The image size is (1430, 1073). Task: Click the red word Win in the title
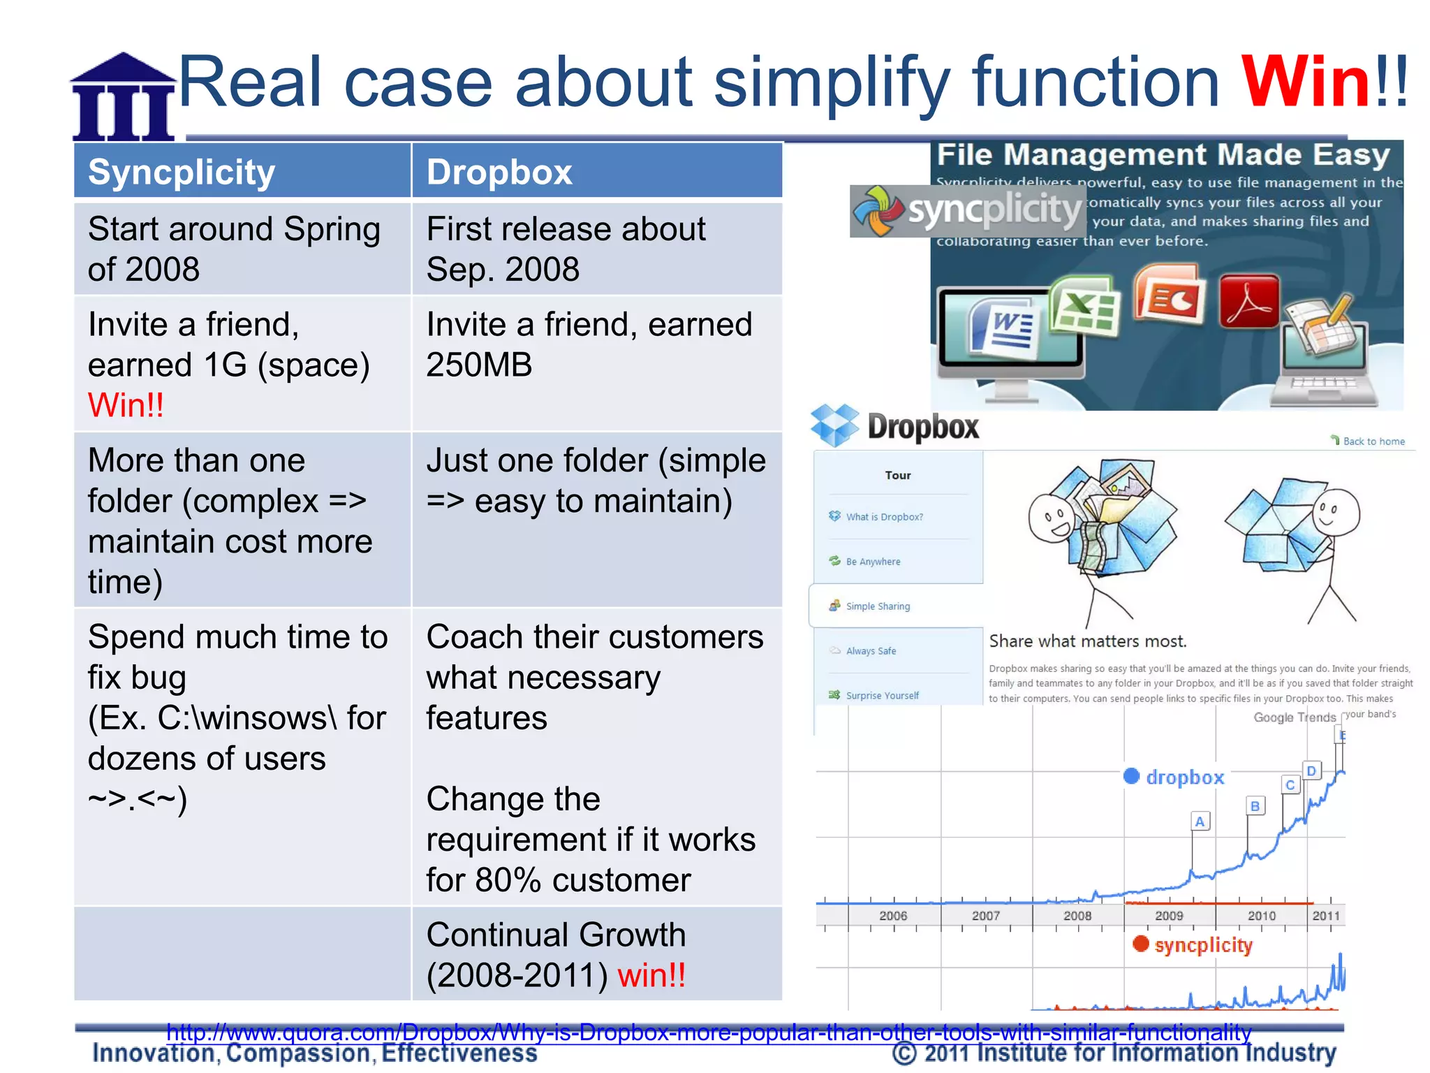[x=1305, y=82]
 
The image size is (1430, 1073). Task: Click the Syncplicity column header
[x=182, y=172]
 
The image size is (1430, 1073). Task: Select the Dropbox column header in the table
[x=499, y=172]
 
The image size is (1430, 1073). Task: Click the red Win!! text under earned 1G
[x=126, y=405]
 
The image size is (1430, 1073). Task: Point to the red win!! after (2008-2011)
[x=651, y=975]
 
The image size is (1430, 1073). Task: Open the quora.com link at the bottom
[x=708, y=1032]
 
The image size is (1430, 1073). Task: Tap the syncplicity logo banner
[x=968, y=210]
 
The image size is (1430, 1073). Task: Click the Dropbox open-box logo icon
[x=834, y=425]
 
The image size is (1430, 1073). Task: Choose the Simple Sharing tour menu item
[x=877, y=606]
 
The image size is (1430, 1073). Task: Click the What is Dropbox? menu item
[x=883, y=517]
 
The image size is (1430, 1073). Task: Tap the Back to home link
[x=1373, y=441]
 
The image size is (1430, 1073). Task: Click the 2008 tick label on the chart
[x=1077, y=916]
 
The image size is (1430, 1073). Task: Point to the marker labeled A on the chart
[x=1200, y=822]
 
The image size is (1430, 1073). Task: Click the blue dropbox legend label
[x=1184, y=778]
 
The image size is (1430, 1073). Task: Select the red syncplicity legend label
[x=1202, y=945]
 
